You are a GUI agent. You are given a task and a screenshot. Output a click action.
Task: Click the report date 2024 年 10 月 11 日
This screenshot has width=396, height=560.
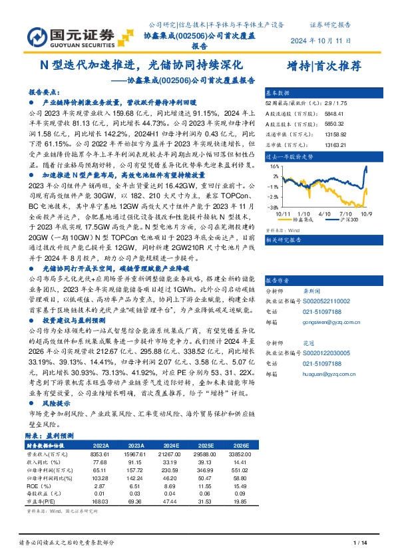[x=321, y=41]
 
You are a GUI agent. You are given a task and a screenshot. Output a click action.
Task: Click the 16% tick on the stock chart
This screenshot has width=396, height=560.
[x=275, y=176]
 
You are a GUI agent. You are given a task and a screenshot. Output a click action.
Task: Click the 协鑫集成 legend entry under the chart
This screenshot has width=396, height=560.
[x=301, y=219]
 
